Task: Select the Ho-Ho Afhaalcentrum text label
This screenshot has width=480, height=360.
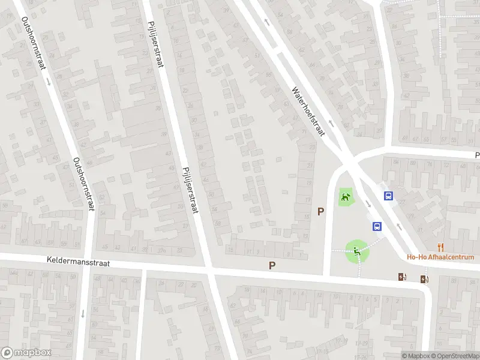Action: point(440,257)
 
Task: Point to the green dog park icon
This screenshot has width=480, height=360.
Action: point(345,196)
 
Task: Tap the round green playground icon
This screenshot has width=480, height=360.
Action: point(357,251)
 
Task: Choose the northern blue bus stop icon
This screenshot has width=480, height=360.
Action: point(389,196)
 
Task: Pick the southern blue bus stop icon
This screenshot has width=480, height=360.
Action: point(377,226)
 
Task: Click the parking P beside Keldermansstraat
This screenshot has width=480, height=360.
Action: point(272,265)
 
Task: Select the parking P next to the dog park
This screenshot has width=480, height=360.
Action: point(321,211)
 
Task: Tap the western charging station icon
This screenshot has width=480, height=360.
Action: point(402,277)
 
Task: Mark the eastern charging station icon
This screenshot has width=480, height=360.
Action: point(425,278)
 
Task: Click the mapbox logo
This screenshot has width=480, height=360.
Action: point(26,353)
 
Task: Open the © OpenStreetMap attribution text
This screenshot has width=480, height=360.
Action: point(455,356)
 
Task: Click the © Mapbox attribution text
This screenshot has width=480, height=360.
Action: point(415,356)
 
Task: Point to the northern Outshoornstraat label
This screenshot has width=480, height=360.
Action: point(34,43)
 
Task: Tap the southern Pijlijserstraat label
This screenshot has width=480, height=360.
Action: point(190,189)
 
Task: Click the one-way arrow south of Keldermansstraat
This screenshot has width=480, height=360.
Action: point(82,313)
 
